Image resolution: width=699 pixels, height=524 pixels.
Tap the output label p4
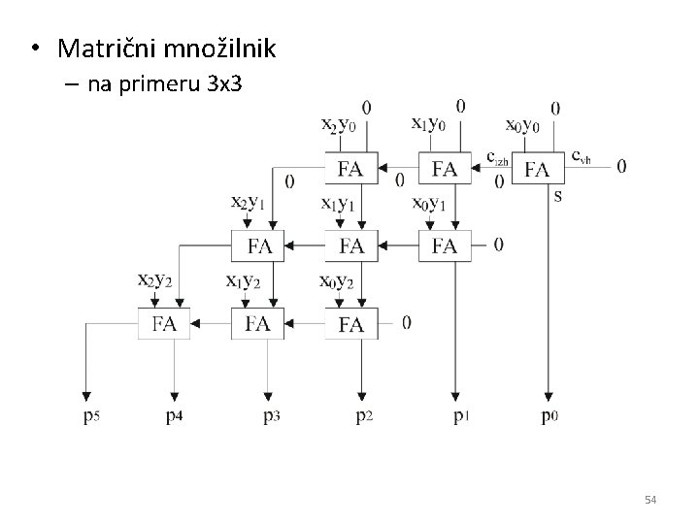(x=176, y=417)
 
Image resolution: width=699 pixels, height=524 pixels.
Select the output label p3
(x=270, y=417)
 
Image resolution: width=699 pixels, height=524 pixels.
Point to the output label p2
(x=362, y=417)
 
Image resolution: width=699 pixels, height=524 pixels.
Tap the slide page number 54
(x=650, y=500)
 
